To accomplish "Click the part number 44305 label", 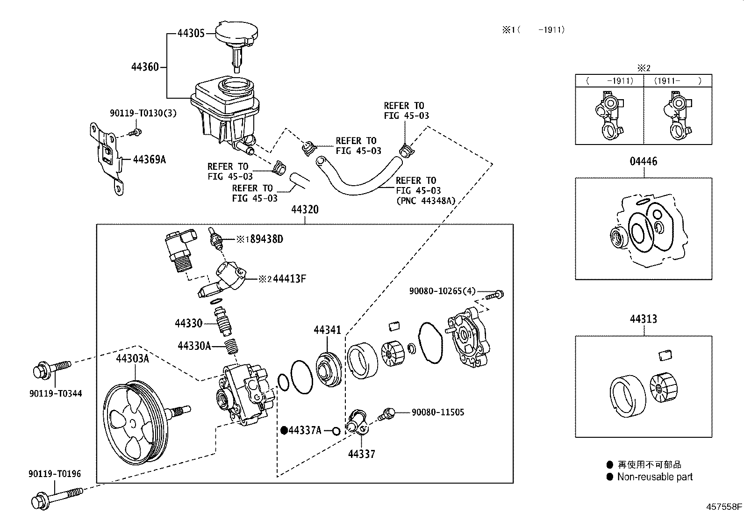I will (x=191, y=33).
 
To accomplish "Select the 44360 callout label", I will (x=145, y=67).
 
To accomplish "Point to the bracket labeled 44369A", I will (x=107, y=157).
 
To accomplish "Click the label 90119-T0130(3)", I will (x=143, y=113).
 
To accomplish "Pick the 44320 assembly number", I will (x=305, y=210).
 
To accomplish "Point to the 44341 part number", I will (x=327, y=330).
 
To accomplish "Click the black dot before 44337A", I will (x=284, y=430).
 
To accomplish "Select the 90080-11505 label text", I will (x=438, y=412).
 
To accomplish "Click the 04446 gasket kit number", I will (x=643, y=161).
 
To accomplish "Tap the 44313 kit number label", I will (x=643, y=319).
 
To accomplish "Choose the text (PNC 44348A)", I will (x=425, y=201).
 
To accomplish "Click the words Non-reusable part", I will (x=655, y=477).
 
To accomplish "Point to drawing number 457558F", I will (x=724, y=507).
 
